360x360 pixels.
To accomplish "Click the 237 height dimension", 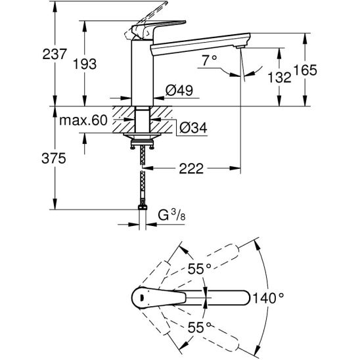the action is pos(55,54).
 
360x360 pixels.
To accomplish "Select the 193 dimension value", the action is pos(85,64).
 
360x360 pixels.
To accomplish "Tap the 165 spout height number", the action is pos(305,70).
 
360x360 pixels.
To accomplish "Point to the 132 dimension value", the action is pos(279,77).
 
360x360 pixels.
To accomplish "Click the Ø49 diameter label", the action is pos(179,90).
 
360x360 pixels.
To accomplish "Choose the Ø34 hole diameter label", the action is pos(193,127).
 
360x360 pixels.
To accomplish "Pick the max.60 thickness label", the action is pos(83,120).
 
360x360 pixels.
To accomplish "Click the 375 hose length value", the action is pos(54,158).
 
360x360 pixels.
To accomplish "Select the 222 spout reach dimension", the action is pos(191,169).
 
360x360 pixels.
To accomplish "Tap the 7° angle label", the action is pos(210,60).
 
